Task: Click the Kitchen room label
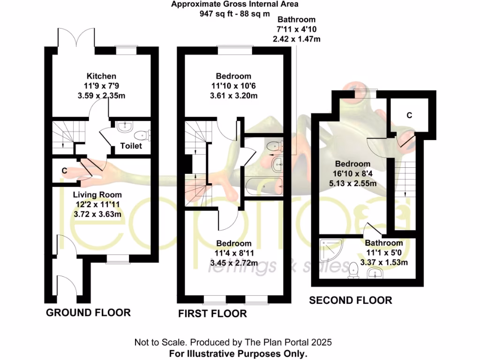tap(101, 76)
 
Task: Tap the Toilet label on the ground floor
tap(131, 146)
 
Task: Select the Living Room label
tap(97, 195)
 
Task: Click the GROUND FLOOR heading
tap(88, 313)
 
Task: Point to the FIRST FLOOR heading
tap(212, 314)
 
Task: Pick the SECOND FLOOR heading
tap(350, 300)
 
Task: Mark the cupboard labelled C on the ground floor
tap(64, 172)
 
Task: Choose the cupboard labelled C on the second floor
tap(409, 116)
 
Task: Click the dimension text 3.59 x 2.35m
tap(101, 96)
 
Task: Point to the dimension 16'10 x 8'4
tap(352, 174)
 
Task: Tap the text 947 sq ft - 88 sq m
tap(234, 14)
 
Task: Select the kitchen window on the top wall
tap(127, 48)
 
